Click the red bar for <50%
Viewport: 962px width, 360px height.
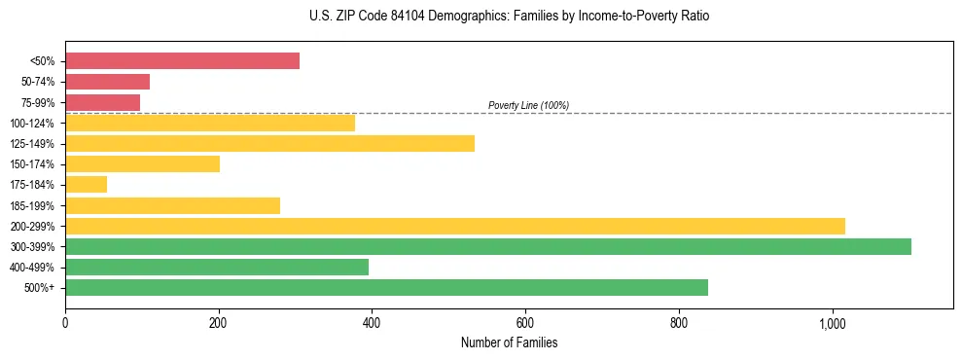coord(182,60)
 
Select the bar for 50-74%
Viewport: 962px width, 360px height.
coord(107,82)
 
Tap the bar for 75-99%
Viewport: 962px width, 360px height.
coord(102,102)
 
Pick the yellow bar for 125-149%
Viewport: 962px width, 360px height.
coord(269,143)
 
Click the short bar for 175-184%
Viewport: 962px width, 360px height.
coord(86,185)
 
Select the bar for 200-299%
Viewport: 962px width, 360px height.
coord(454,226)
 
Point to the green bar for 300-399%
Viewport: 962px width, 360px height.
coord(487,246)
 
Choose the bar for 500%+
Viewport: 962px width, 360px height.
coord(386,288)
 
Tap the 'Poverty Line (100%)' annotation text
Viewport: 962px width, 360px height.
coord(528,105)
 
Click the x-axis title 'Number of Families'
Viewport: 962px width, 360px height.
coord(509,343)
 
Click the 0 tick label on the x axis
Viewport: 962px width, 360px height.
coord(65,324)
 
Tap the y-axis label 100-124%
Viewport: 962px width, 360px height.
coord(32,124)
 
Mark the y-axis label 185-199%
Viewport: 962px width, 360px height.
coord(32,206)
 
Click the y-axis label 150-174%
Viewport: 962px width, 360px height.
coord(32,164)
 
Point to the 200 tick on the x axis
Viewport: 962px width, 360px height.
coord(219,324)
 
